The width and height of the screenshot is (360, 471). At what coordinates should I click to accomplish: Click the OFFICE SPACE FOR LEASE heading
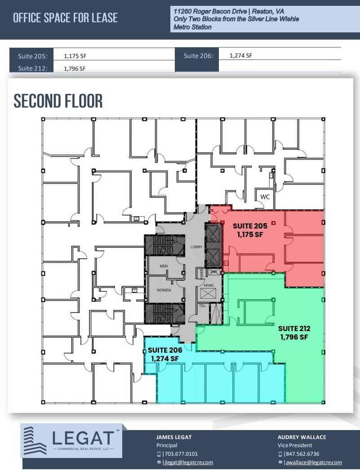(65, 18)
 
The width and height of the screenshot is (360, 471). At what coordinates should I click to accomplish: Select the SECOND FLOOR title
(58, 101)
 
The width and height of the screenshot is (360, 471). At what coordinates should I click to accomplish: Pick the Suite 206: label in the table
(198, 56)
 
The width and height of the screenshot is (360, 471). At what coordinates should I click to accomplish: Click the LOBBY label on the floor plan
(197, 247)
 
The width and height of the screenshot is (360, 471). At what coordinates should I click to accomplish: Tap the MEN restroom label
(164, 266)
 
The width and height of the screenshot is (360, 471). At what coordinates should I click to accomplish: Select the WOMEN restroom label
(164, 290)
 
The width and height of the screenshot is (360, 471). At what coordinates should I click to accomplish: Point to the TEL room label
(202, 306)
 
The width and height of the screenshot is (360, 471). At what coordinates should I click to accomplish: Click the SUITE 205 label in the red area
(250, 226)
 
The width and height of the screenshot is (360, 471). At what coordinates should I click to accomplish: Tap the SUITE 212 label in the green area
(294, 328)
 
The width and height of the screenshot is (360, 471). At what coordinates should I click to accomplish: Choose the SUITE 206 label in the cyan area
(164, 350)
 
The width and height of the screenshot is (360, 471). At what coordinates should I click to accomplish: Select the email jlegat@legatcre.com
(188, 462)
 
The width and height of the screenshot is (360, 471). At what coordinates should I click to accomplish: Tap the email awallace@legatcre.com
(313, 462)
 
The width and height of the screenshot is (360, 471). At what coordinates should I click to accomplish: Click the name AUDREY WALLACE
(302, 437)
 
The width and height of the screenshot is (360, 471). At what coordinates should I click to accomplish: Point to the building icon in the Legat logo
(35, 441)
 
